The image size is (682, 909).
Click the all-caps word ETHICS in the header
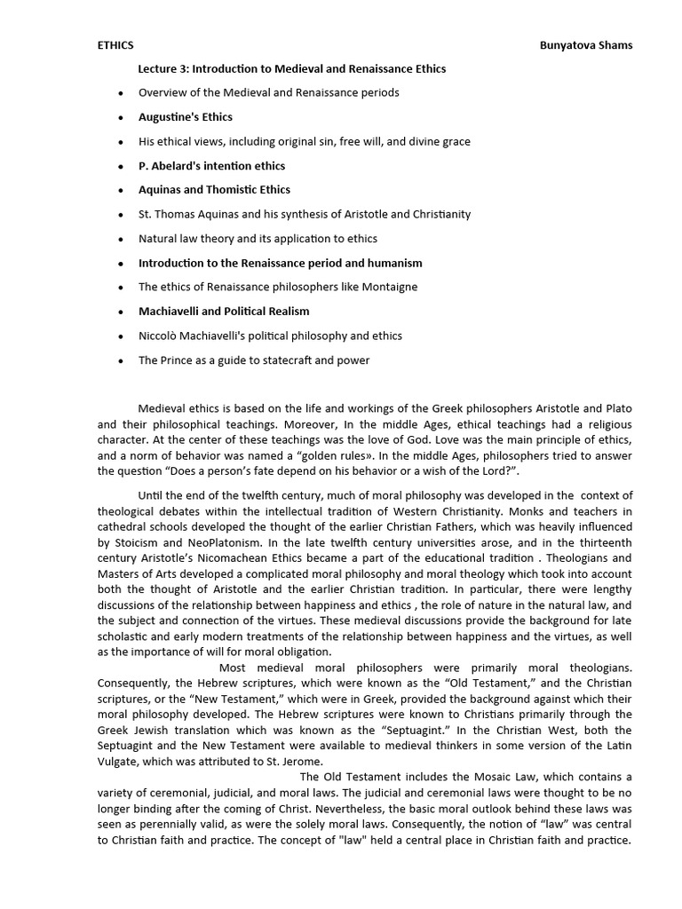point(115,45)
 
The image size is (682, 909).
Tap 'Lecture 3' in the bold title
point(163,68)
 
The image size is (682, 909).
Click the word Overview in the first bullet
point(162,92)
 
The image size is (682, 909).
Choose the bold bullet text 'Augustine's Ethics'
point(185,116)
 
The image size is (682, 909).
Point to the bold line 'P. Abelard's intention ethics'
point(211,165)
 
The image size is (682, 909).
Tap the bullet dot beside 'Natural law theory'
point(120,239)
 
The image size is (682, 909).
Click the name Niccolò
point(158,336)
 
